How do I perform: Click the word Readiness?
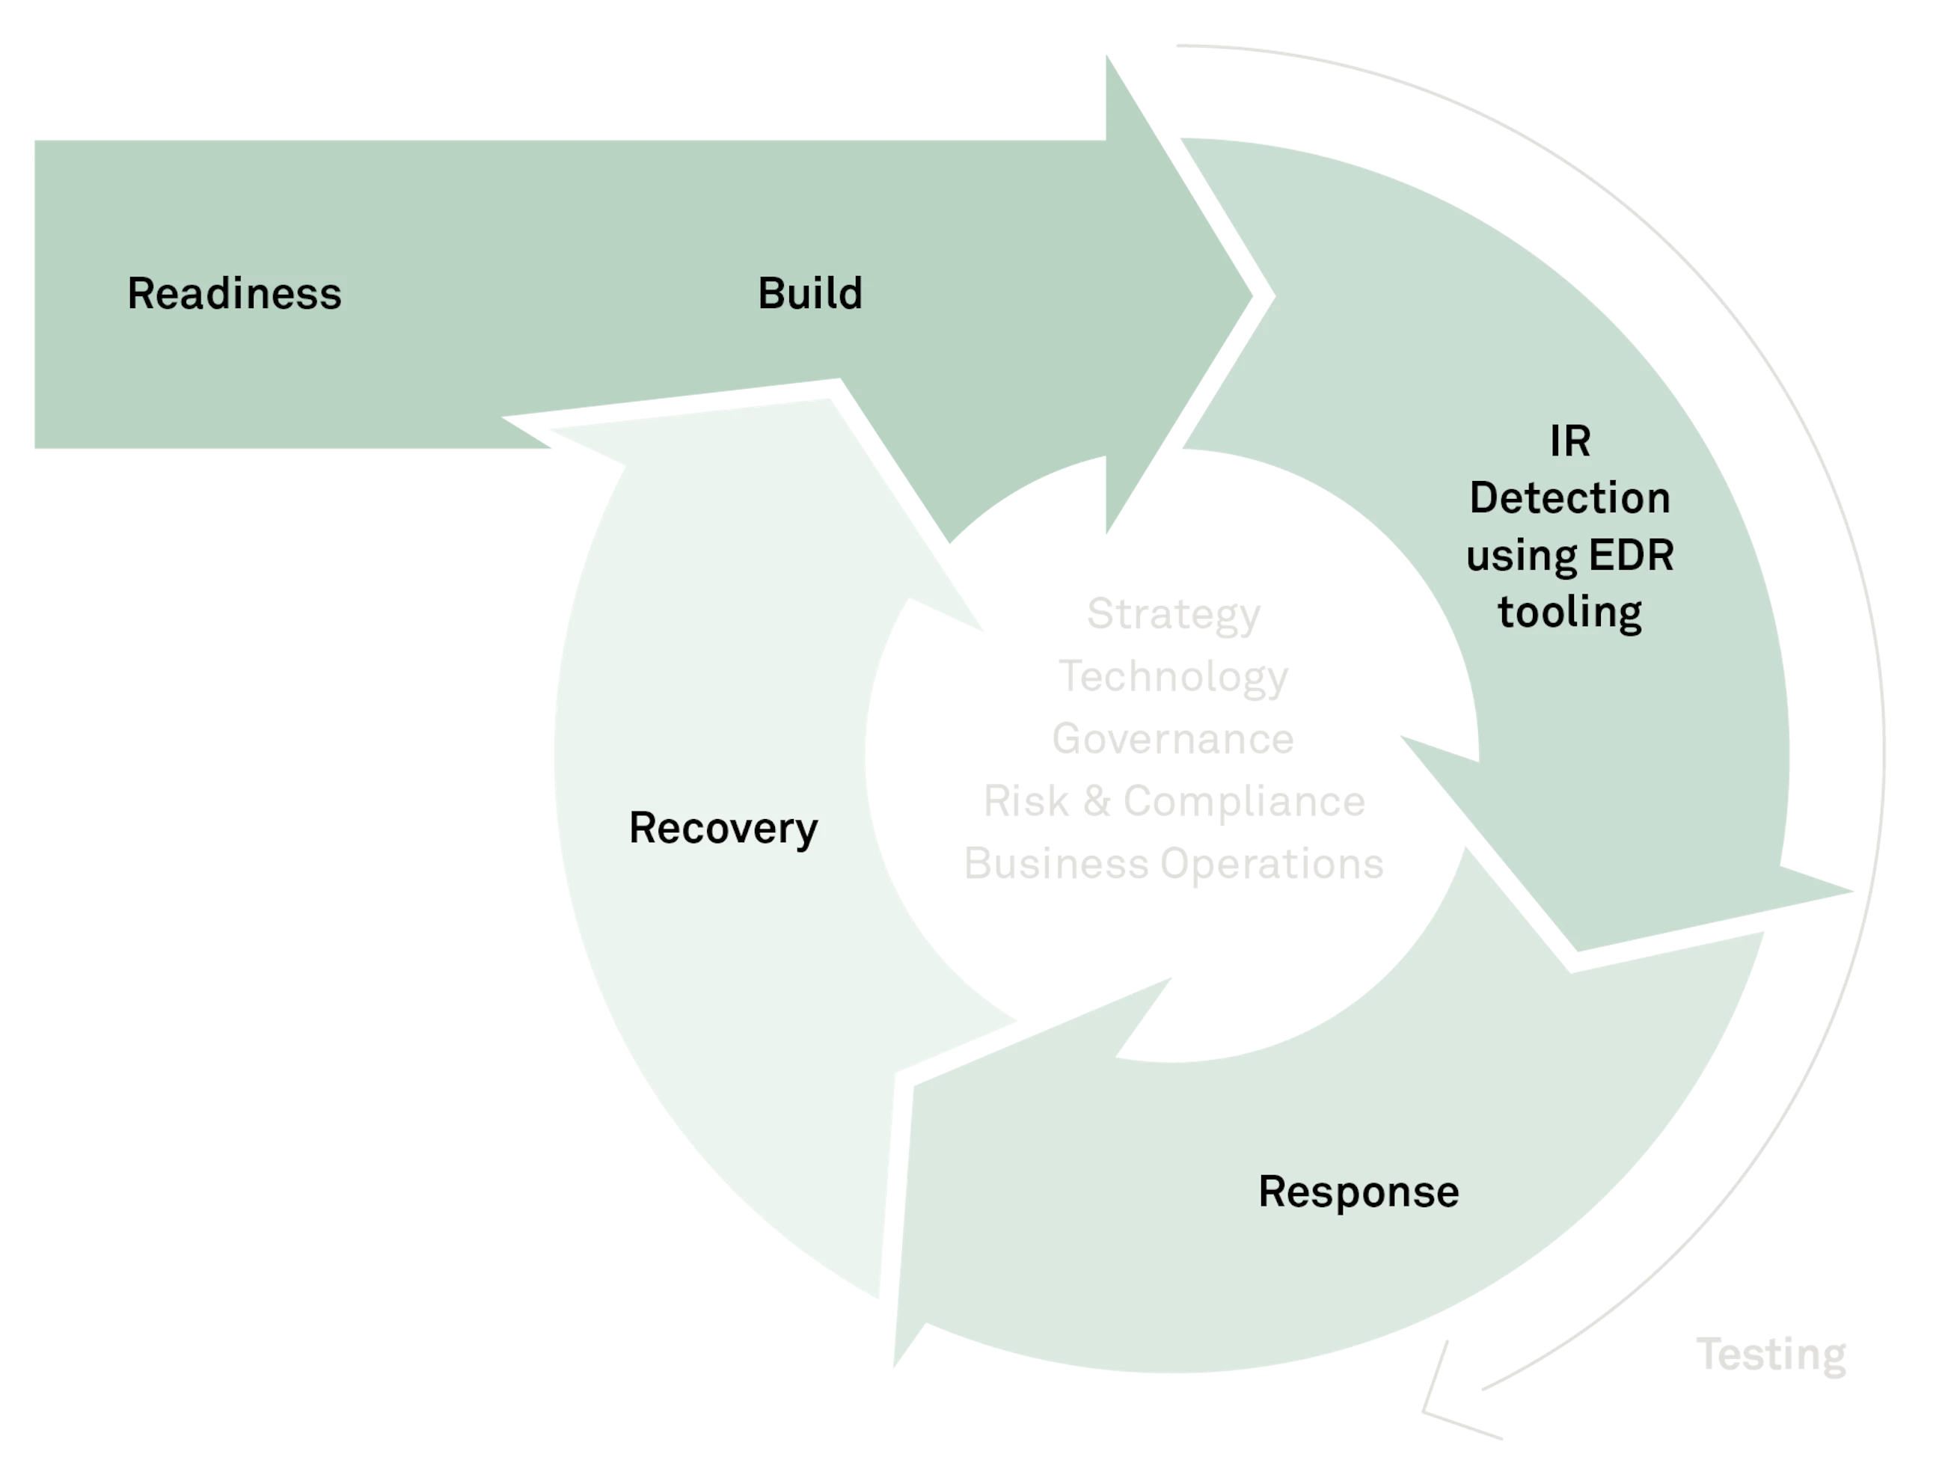pyautogui.click(x=235, y=294)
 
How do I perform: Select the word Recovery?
pyautogui.click(x=723, y=829)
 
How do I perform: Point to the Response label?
pyautogui.click(x=1359, y=1193)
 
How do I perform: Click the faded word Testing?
pyautogui.click(x=1771, y=1355)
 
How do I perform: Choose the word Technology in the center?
pyautogui.click(x=1173, y=678)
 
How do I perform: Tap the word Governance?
pyautogui.click(x=1173, y=738)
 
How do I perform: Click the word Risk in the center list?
pyautogui.click(x=1026, y=801)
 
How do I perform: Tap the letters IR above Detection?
pyautogui.click(x=1570, y=441)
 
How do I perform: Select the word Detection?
pyautogui.click(x=1569, y=498)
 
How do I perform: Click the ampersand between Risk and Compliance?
pyautogui.click(x=1096, y=801)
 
